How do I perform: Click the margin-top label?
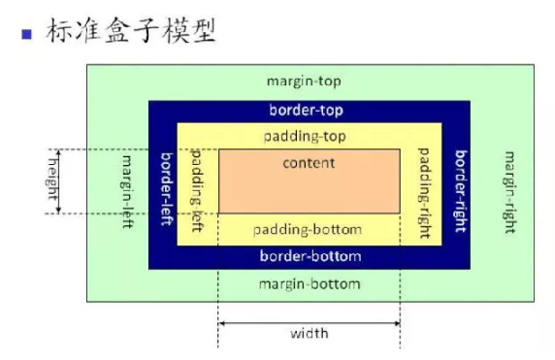click(x=310, y=81)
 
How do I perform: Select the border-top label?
click(x=310, y=111)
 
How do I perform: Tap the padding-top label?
click(x=310, y=136)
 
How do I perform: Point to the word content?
click(x=309, y=162)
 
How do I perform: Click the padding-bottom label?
click(x=308, y=230)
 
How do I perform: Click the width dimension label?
click(x=310, y=333)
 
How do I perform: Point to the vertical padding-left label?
click(x=197, y=188)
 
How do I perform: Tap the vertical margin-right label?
click(x=509, y=190)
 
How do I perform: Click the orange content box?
click(x=310, y=189)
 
